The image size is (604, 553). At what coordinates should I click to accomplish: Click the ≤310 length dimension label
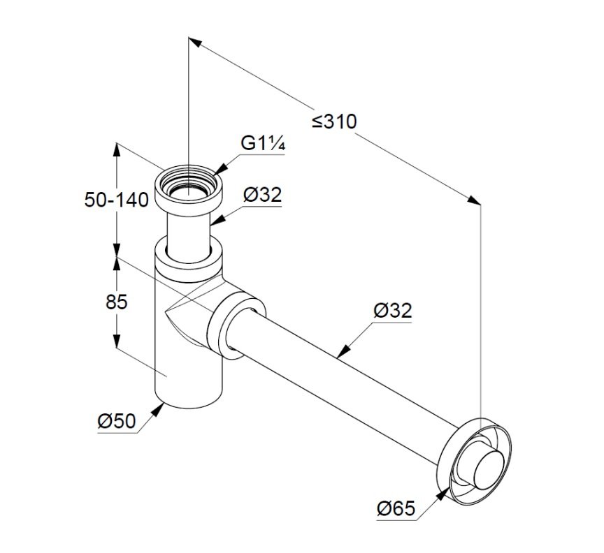pyautogui.click(x=334, y=121)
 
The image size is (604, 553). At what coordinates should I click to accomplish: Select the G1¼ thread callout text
pyautogui.click(x=263, y=144)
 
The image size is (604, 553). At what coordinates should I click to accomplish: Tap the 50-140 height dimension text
pyautogui.click(x=116, y=200)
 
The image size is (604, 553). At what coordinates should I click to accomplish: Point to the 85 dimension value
pyautogui.click(x=116, y=302)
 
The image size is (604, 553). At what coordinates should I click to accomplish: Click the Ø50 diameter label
pyautogui.click(x=117, y=421)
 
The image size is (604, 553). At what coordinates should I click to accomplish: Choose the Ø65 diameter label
pyautogui.click(x=396, y=508)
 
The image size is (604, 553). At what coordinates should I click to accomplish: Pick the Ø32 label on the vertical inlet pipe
pyautogui.click(x=263, y=195)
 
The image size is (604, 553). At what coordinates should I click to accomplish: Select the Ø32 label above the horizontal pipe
pyautogui.click(x=393, y=311)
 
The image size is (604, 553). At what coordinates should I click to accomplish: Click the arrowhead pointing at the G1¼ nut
pyautogui.click(x=220, y=170)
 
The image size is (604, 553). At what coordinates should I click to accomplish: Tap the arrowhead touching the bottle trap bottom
pyautogui.click(x=157, y=409)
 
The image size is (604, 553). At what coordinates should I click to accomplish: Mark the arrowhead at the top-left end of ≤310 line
pyautogui.click(x=195, y=42)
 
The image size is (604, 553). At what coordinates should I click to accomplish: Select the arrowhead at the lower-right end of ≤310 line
pyautogui.click(x=474, y=200)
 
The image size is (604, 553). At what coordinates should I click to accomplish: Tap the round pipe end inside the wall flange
pyautogui.click(x=490, y=471)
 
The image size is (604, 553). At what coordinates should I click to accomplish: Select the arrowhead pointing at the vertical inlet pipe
pyautogui.click(x=216, y=220)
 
